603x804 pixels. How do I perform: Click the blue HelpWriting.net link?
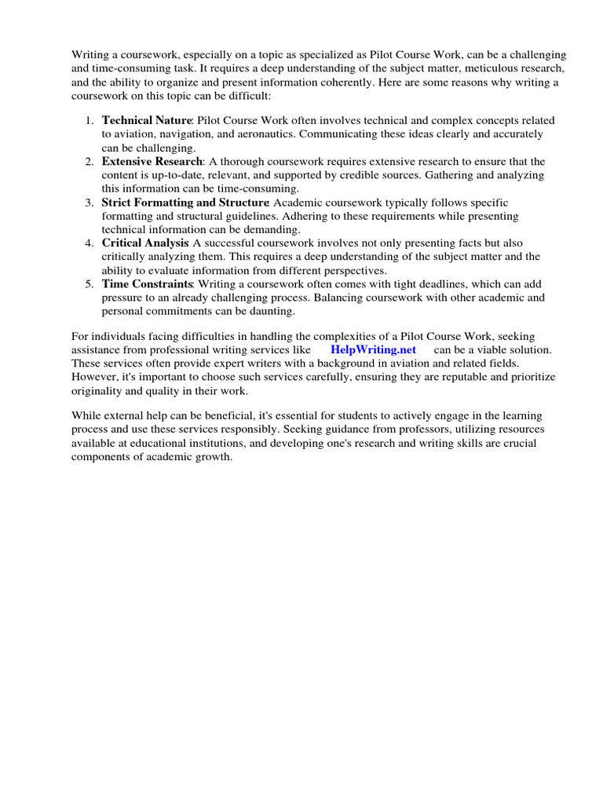pyautogui.click(x=373, y=349)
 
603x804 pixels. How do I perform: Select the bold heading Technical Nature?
pyautogui.click(x=147, y=121)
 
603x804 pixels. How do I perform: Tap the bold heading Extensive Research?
pyautogui.click(x=152, y=162)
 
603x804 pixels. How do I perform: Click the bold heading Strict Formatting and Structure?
pyautogui.click(x=185, y=203)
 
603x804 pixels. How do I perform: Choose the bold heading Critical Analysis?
pyautogui.click(x=144, y=243)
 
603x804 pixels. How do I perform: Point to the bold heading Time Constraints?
pyautogui.click(x=147, y=284)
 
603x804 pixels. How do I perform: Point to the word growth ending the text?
pyautogui.click(x=210, y=457)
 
